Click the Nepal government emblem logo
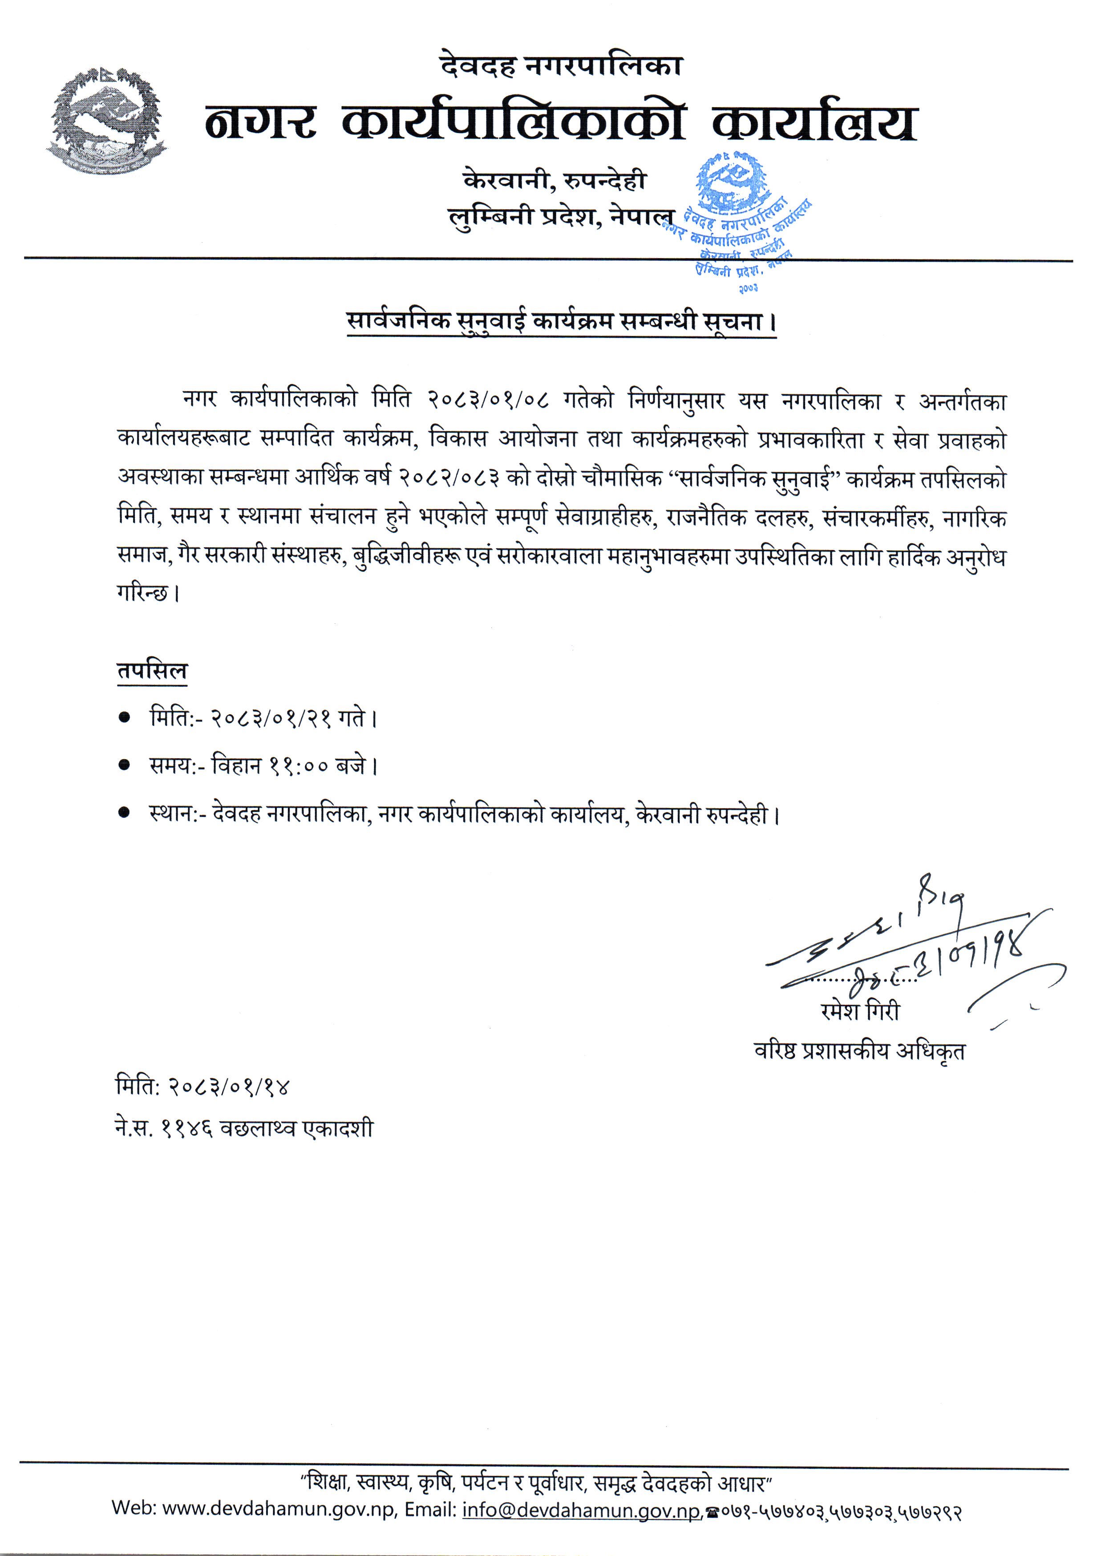[107, 120]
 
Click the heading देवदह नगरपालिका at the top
[561, 66]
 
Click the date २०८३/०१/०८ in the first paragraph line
[487, 400]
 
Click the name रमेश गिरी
[860, 1011]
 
